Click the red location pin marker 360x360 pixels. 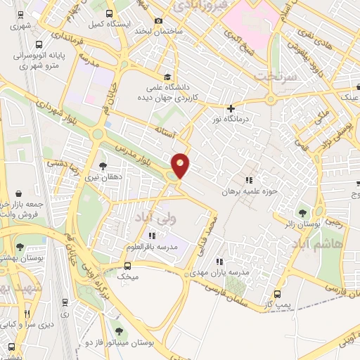pos(181,166)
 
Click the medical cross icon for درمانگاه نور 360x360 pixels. pos(231,108)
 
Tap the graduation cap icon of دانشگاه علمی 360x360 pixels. pos(167,77)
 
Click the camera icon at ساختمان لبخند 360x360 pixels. pos(159,22)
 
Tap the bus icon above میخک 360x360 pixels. pos(127,266)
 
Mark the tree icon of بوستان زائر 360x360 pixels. pos(303,212)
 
